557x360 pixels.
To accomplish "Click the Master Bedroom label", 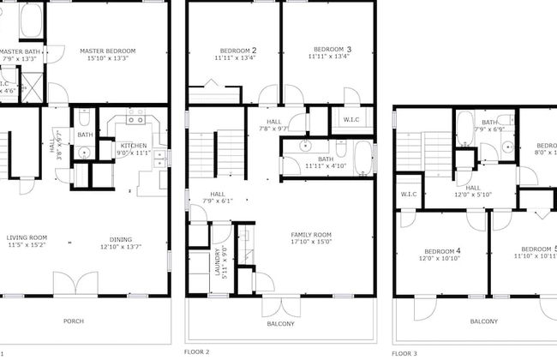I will pyautogui.click(x=107, y=51).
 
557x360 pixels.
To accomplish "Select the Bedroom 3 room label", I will pyautogui.click(x=331, y=50).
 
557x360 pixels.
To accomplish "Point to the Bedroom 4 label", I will pyautogui.click(x=440, y=251).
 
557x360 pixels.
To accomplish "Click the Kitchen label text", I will pyautogui.click(x=133, y=146).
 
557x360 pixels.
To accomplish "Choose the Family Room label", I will pyautogui.click(x=311, y=234).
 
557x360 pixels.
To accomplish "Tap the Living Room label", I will pyautogui.click(x=27, y=238).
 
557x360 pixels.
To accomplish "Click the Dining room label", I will pyautogui.click(x=121, y=239).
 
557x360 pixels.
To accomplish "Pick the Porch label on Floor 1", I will pyautogui.click(x=75, y=322).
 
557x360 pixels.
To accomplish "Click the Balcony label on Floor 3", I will pyautogui.click(x=483, y=321).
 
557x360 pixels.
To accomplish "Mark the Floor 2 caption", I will pyautogui.click(x=196, y=351).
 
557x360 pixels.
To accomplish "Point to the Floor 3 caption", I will pyautogui.click(x=404, y=352).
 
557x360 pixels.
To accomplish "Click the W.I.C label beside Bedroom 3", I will pyautogui.click(x=351, y=119).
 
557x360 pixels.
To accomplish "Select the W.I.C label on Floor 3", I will pyautogui.click(x=408, y=195).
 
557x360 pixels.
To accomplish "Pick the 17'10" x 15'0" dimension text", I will pyautogui.click(x=311, y=243).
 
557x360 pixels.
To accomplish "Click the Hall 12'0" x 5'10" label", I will pyautogui.click(x=473, y=191).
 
